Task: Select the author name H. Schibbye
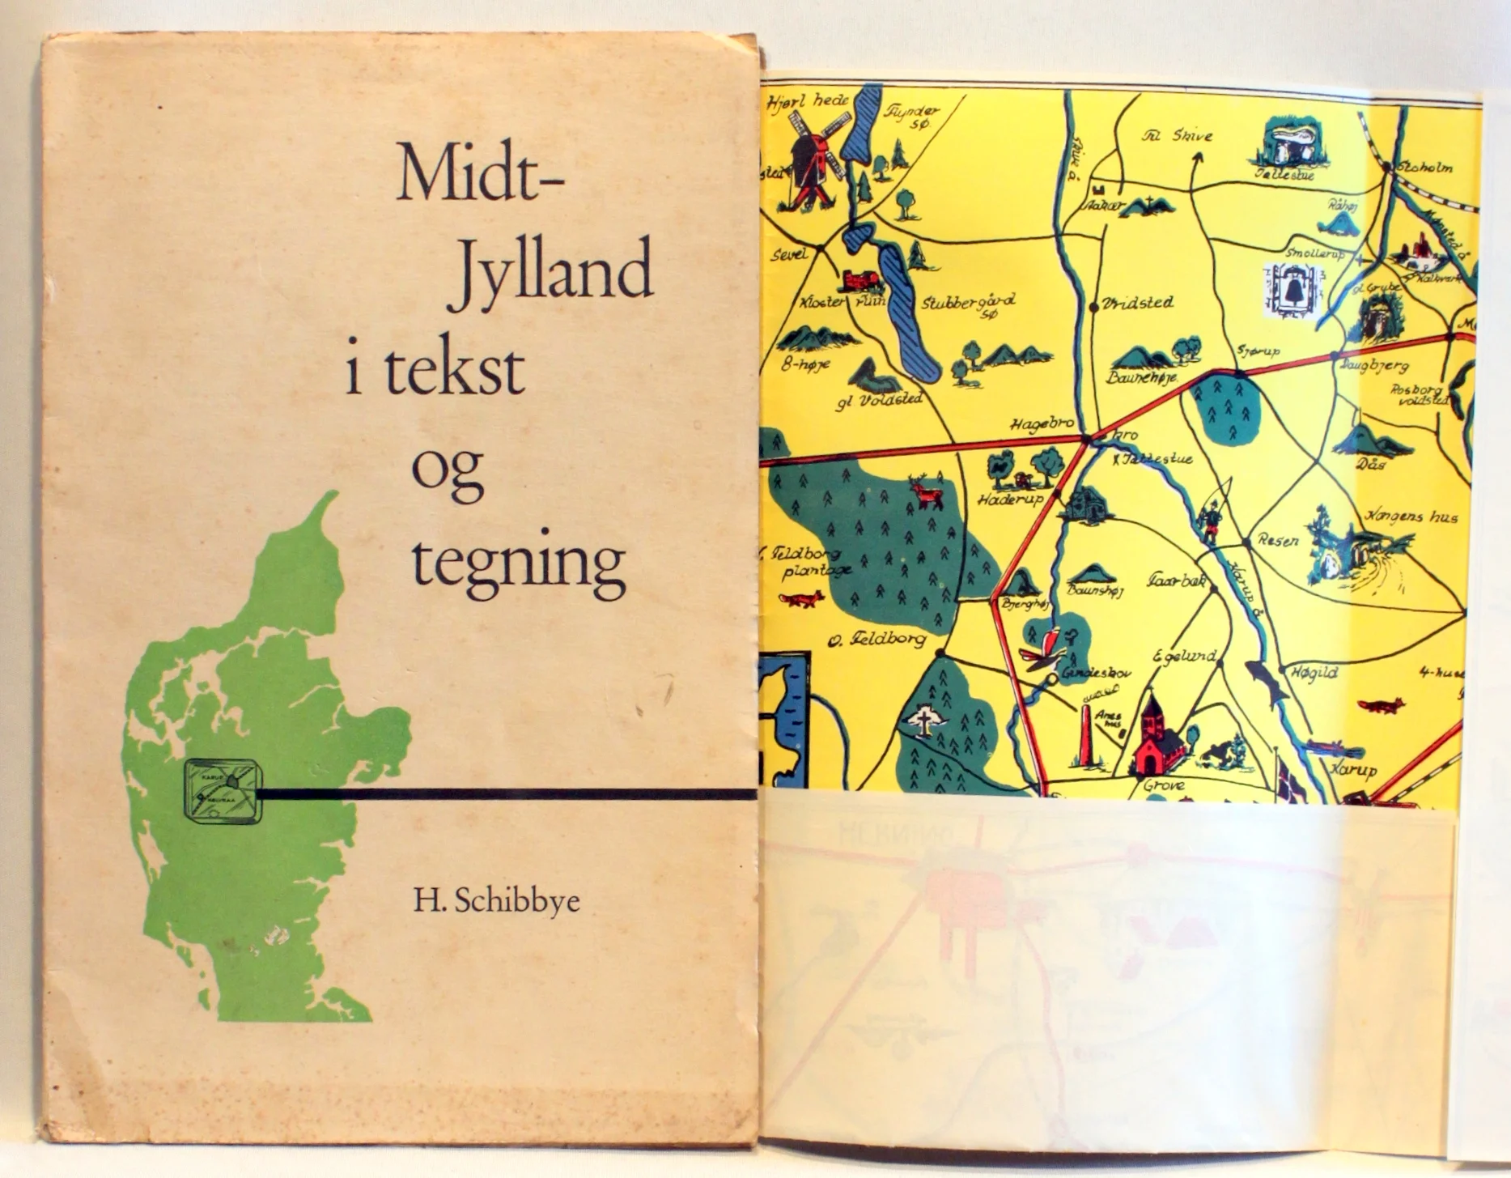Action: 496,901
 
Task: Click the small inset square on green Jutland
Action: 223,791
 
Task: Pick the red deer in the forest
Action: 927,491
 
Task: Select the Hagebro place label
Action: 1042,424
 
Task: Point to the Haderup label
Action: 1009,500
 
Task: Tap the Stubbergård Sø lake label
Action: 968,303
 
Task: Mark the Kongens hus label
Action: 1411,516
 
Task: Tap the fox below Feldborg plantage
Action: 801,599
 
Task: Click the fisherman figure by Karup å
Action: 1210,521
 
